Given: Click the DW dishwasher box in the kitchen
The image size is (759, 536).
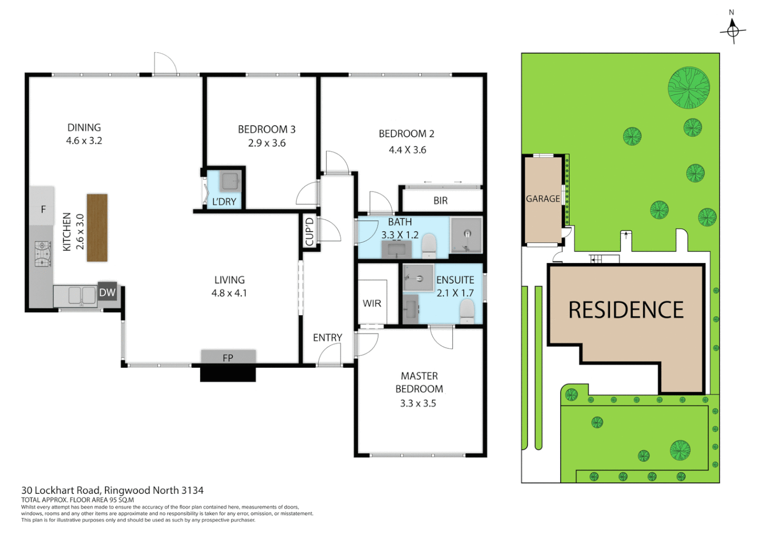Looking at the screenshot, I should [x=107, y=292].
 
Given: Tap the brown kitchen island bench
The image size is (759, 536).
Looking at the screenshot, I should [x=97, y=227].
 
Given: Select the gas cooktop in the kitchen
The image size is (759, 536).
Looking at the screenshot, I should [x=43, y=254].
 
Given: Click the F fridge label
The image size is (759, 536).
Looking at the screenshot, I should [x=43, y=209].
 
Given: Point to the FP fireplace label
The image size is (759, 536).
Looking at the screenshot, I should [x=228, y=357].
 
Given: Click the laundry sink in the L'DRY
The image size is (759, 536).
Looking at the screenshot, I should [x=230, y=182].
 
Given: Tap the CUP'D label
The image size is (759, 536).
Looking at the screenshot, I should [x=309, y=232].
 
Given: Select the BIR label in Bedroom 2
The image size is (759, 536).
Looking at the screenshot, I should [x=440, y=201].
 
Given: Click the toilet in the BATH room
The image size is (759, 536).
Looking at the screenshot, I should [x=428, y=246].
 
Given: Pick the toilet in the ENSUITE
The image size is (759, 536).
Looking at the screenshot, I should [x=467, y=312].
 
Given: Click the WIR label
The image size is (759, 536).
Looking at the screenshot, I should [x=372, y=303].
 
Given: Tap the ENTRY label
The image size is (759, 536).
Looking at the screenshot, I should [x=327, y=337].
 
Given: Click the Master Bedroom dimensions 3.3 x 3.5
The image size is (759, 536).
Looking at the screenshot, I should [x=418, y=403].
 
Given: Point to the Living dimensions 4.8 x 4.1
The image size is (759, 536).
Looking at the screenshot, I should [x=229, y=293].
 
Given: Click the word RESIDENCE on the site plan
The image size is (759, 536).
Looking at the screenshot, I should [x=626, y=310].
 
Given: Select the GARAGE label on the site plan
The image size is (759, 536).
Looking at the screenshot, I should [x=542, y=199].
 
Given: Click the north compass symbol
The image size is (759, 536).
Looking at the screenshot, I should [x=733, y=30].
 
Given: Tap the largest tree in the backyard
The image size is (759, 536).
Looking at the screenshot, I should [x=688, y=88].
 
